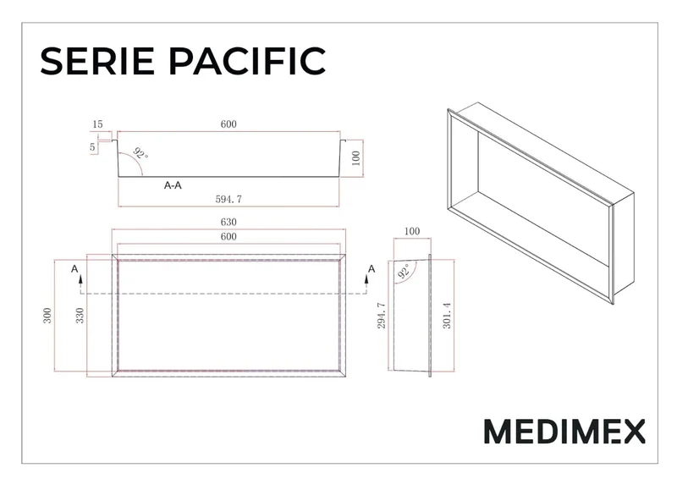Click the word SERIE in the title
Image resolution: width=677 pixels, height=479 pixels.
click(97, 61)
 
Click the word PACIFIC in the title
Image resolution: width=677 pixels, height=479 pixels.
click(247, 61)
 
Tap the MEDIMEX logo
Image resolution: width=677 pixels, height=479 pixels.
click(564, 431)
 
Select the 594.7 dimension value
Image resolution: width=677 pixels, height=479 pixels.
click(228, 199)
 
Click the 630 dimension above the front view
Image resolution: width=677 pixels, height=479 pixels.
click(228, 222)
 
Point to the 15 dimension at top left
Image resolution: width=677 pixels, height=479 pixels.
click(97, 124)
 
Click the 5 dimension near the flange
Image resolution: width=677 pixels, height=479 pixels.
click(92, 147)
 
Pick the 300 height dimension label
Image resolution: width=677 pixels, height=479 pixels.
click(47, 316)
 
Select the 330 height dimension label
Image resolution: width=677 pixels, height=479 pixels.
click(80, 316)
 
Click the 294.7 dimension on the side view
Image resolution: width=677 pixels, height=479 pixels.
click(382, 316)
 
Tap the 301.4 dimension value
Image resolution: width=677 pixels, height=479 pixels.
click(447, 316)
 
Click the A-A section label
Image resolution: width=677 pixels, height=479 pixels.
click(173, 185)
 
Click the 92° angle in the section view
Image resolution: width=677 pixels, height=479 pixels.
click(140, 153)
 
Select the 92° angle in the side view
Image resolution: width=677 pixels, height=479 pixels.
click(405, 272)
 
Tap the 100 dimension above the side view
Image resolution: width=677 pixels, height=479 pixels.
click(412, 231)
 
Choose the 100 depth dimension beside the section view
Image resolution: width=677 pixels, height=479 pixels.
click(355, 158)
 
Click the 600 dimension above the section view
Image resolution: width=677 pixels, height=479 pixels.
click(228, 124)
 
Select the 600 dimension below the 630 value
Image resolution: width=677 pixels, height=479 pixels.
click(228, 237)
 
